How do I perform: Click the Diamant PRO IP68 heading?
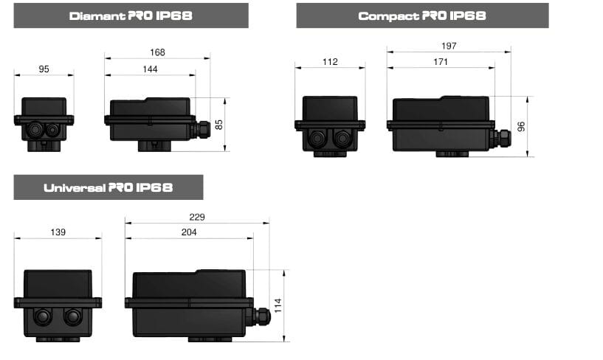coord(131,15)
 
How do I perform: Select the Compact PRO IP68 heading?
coord(422,15)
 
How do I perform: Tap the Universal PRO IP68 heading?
coord(108,187)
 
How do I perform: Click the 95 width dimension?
coord(44,69)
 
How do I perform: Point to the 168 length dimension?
coord(157,52)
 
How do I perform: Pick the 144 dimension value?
coord(150,69)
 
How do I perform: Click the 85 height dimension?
coord(218,125)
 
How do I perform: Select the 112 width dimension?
coord(330,62)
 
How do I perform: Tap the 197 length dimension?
coord(449,46)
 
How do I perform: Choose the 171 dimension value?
coord(441,62)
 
